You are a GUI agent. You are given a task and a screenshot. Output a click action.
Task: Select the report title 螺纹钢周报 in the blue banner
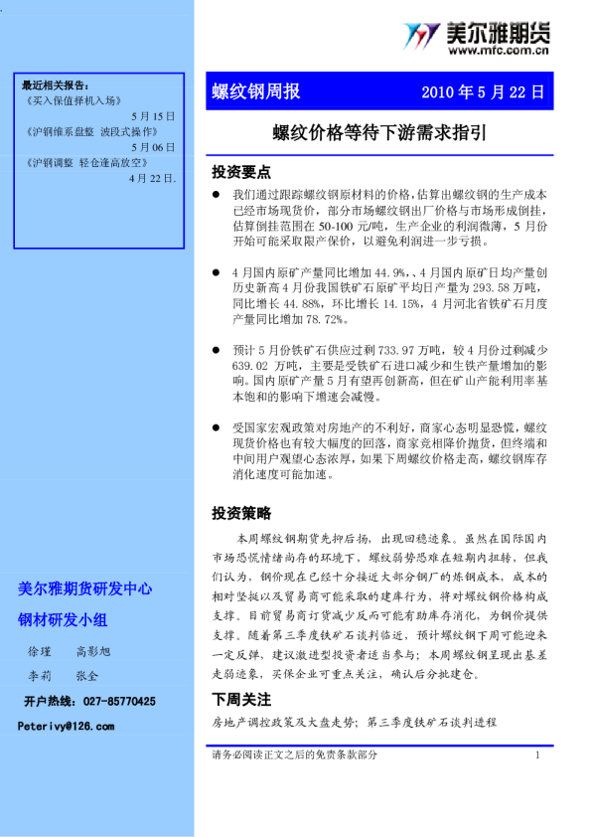256,92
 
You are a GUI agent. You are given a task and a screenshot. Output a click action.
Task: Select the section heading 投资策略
241,513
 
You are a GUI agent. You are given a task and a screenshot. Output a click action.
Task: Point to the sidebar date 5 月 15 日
152,116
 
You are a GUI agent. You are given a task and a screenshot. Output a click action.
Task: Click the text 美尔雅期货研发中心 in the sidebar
85,588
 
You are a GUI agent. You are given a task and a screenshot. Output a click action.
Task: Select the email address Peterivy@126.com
66,727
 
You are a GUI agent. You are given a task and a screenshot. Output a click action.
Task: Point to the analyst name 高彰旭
94,650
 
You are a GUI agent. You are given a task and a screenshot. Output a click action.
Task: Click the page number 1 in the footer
537,755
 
